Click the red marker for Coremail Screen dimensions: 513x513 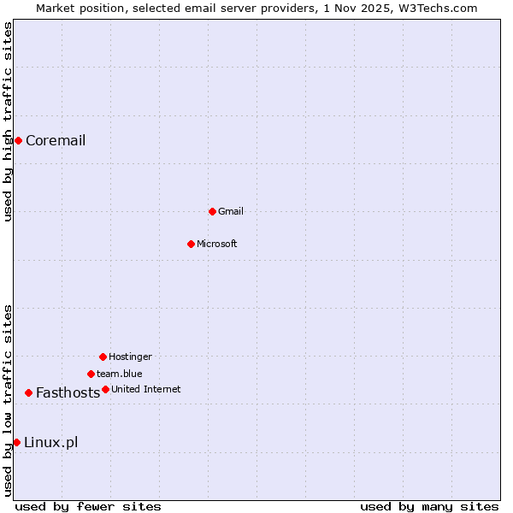click(18, 140)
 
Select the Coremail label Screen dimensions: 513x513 click(56, 141)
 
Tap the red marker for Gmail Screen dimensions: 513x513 click(212, 211)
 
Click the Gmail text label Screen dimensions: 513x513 click(231, 211)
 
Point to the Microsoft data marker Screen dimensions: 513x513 click(192, 244)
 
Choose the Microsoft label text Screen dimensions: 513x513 click(217, 244)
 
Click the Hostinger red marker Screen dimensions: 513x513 click(103, 357)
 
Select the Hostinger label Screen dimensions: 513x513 click(130, 357)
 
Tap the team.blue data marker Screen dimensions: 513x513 click(91, 374)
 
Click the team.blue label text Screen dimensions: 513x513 click(120, 374)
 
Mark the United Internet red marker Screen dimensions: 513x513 click(105, 389)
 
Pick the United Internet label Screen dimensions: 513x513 click(146, 389)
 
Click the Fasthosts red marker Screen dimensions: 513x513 click(28, 392)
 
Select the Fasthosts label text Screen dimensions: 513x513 click(68, 393)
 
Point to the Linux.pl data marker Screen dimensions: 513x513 click(16, 442)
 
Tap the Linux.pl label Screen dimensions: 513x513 click(51, 442)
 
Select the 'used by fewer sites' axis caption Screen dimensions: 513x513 click(88, 506)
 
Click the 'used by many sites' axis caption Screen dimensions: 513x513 click(429, 506)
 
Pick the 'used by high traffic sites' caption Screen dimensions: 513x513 click(8, 121)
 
